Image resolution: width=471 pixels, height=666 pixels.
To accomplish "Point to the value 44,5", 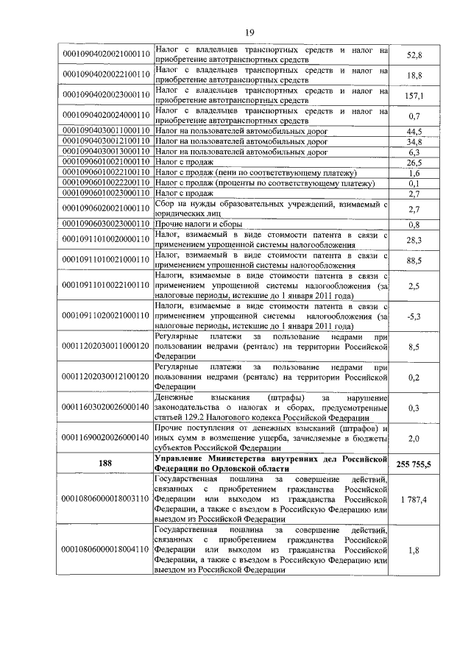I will (x=414, y=130).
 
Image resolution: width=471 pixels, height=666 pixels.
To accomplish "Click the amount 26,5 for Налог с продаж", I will (x=414, y=162).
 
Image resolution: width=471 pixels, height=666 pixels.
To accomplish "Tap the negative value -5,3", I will (x=414, y=316).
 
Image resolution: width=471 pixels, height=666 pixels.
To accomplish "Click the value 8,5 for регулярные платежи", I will (x=414, y=345).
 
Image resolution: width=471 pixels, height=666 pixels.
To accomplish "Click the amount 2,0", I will (x=414, y=438).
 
